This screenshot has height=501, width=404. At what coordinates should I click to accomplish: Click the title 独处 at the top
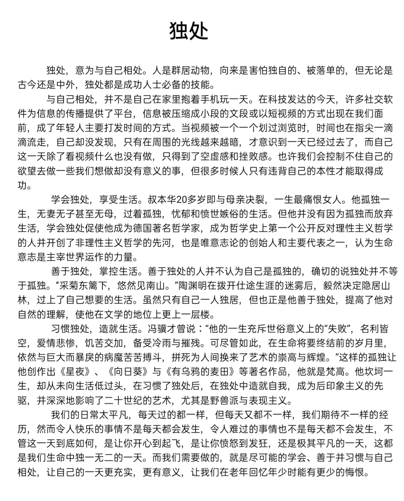pos(189,30)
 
